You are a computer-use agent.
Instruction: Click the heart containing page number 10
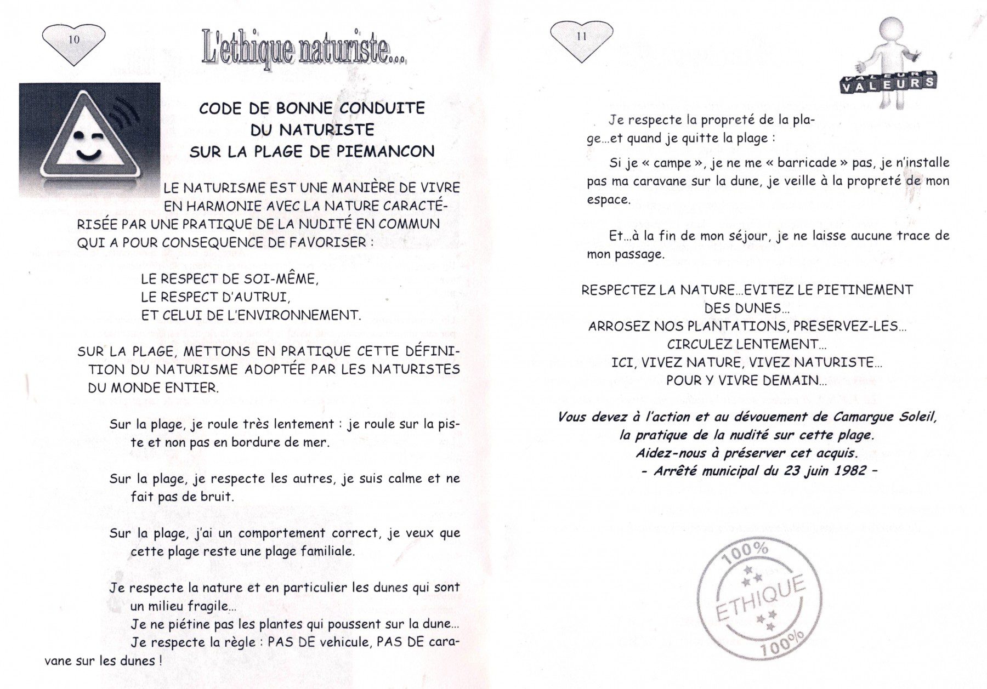73,41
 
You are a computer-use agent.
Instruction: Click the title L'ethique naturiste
304,50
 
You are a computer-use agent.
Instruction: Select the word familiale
327,551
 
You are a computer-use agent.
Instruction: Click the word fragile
211,606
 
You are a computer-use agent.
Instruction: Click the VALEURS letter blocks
888,83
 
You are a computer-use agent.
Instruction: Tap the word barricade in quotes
803,163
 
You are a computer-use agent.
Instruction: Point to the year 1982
850,471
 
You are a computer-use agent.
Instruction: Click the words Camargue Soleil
884,417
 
